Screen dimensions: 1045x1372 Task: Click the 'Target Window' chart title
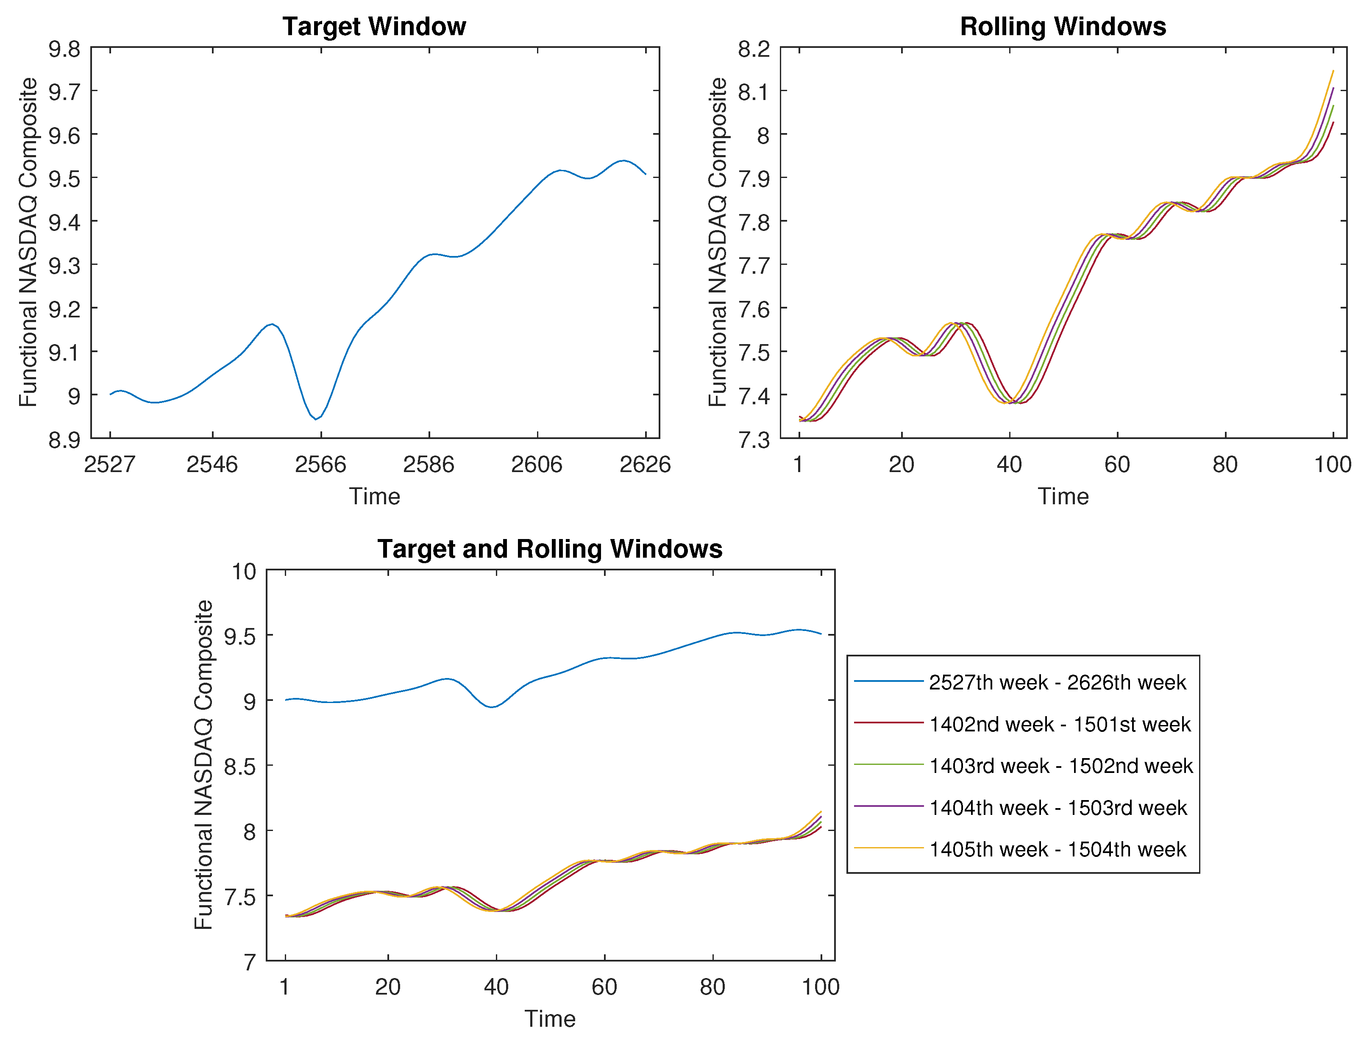coord(374,27)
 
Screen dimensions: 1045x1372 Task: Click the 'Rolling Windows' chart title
coord(1063,27)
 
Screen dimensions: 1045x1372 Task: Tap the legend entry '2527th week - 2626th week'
coord(1057,682)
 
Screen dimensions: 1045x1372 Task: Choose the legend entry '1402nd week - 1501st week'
coord(1060,724)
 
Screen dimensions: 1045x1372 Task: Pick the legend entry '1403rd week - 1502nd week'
coord(1061,766)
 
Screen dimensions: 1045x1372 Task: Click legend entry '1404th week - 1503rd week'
coord(1058,807)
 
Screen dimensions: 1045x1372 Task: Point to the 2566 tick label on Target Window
coord(320,464)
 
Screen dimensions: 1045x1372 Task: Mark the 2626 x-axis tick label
coord(645,464)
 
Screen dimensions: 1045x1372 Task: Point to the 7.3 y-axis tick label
coord(754,440)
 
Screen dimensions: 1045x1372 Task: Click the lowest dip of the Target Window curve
coord(316,419)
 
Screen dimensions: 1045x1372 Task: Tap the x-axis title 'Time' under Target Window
coord(374,496)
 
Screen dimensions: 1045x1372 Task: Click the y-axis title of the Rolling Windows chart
coord(718,242)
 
